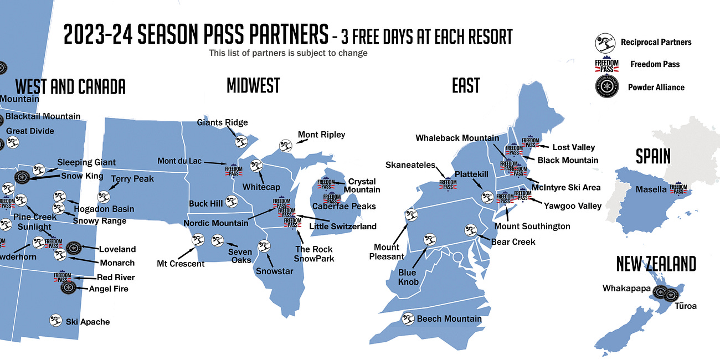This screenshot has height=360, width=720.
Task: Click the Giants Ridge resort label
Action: tap(223, 122)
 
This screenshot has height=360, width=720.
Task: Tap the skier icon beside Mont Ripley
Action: tap(286, 146)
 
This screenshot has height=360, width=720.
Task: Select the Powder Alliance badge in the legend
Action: tap(605, 87)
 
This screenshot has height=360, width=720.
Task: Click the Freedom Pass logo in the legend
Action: tap(606, 64)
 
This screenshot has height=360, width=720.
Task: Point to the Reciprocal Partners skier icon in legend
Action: tap(605, 42)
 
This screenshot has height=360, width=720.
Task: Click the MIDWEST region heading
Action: tap(253, 85)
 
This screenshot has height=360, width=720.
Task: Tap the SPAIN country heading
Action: tap(653, 156)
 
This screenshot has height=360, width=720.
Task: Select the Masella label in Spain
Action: tap(651, 189)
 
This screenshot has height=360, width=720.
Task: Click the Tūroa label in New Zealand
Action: tap(686, 306)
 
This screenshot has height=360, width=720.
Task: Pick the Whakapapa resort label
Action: tap(626, 288)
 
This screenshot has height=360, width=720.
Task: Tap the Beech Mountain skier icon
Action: tap(408, 319)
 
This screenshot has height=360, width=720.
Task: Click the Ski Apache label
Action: tap(88, 322)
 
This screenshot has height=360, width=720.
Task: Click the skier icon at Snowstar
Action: tap(264, 246)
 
